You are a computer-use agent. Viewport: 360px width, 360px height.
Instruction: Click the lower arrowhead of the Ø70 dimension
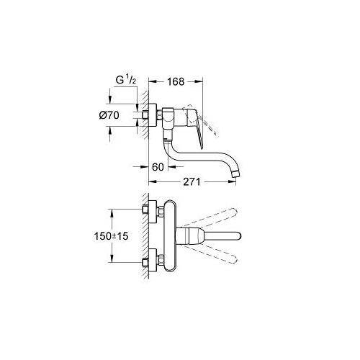(x=135, y=127)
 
